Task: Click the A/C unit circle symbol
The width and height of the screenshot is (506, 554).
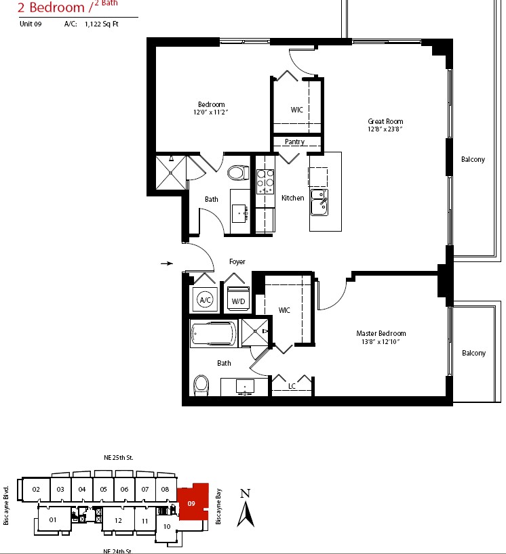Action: coord(206,300)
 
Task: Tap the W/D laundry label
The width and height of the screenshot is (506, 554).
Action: coord(238,301)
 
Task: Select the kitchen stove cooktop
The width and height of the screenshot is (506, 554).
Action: coord(265,182)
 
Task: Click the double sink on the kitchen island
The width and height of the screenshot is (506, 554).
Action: coord(319,203)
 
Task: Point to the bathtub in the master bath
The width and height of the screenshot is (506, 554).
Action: coord(214,333)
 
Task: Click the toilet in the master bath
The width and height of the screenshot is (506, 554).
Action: coord(201,385)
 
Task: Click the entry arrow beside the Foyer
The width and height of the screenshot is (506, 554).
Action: coord(167,263)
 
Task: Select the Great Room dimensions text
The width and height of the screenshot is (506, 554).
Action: coord(385,129)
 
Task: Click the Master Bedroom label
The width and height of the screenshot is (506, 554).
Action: coord(381,333)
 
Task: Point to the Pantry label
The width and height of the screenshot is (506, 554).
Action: coord(295,142)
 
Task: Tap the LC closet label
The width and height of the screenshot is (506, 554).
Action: coord(292,386)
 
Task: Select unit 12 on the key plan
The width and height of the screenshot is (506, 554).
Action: coord(118,520)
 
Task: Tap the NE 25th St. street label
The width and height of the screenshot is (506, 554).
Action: coord(119,458)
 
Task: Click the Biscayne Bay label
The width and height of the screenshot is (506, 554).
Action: coord(218,507)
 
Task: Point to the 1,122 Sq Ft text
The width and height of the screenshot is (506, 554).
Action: coord(102,24)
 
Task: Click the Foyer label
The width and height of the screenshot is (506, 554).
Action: coord(237,261)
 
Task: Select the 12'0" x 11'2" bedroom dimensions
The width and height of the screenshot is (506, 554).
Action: coord(210,112)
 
